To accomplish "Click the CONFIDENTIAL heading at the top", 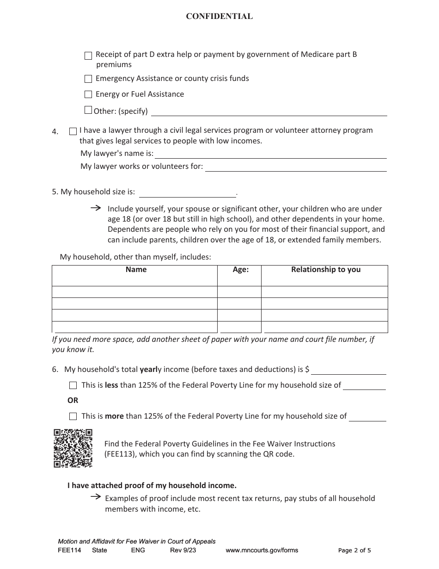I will tap(219, 17).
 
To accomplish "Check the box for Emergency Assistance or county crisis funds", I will tap(88, 79).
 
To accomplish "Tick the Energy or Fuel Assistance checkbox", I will tap(88, 94).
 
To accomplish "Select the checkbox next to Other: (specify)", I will tap(88, 110).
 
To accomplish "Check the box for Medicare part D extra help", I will tap(88, 56).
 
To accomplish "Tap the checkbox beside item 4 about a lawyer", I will tap(73, 131).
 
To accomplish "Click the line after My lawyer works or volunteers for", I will tap(296, 167).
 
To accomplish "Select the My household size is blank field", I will tap(187, 193).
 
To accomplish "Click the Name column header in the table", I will tap(136, 270).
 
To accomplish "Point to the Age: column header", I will tap(240, 270).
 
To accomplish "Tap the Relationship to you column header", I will tap(325, 270).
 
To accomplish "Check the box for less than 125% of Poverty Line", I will tap(73, 385).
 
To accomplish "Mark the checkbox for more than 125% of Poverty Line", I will tap(73, 416).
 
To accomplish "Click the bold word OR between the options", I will tap(73, 401).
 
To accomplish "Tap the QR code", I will tap(73, 448).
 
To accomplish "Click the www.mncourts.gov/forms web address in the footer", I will tap(262, 550).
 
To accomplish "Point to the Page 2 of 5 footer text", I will tap(354, 550).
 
